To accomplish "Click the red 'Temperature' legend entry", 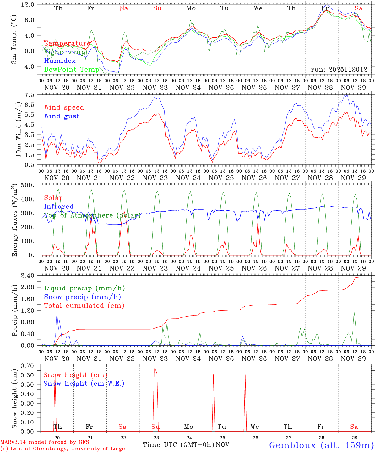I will pos(67,43).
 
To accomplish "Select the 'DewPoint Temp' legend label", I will pos(72,69).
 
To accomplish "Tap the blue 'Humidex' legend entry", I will pos(60,61).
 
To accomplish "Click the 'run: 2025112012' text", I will pos(339,69).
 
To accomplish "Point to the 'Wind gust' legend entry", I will pos(62,116).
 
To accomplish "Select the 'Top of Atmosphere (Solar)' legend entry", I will pos(92,215).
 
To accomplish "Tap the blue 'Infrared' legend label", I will pos(59,207).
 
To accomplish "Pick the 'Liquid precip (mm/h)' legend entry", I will pos(84,288).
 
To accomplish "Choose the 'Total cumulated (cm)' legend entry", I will pos(84,305).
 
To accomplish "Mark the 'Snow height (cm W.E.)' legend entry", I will pos(84,384).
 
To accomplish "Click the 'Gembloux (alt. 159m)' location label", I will pos(321,445).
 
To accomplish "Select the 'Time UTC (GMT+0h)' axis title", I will pos(178,445).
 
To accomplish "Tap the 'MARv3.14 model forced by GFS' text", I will pos(45,442).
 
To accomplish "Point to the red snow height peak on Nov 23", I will pos(155,369).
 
